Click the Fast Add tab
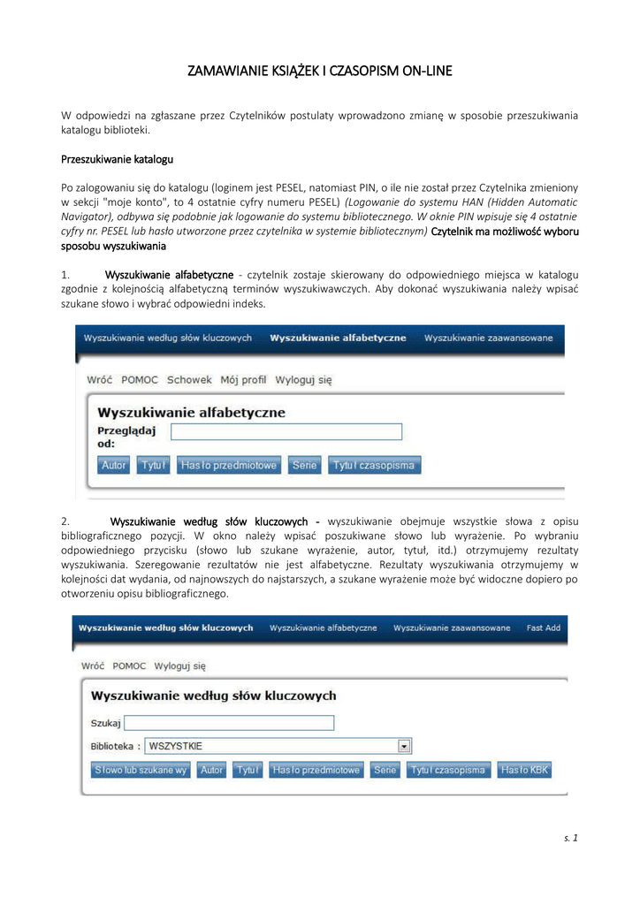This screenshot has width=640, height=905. pyautogui.click(x=543, y=628)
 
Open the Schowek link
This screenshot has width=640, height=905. pyautogui.click(x=189, y=380)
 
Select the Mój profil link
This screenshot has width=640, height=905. pyautogui.click(x=243, y=380)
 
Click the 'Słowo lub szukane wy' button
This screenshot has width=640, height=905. pyautogui.click(x=141, y=771)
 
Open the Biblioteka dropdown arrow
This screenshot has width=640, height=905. pyautogui.click(x=405, y=746)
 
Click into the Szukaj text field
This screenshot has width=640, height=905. pyautogui.click(x=230, y=723)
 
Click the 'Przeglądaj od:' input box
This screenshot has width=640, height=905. pyautogui.click(x=286, y=431)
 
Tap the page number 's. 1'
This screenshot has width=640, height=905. pyautogui.click(x=570, y=838)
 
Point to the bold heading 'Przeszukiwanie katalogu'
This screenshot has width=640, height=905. pyautogui.click(x=117, y=160)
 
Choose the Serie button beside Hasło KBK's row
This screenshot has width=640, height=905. pyautogui.click(x=385, y=771)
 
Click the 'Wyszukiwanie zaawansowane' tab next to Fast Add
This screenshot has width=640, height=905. pyautogui.click(x=452, y=628)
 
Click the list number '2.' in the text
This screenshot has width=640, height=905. pyautogui.click(x=65, y=521)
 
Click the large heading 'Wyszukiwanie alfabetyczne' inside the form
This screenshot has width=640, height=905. pyautogui.click(x=191, y=412)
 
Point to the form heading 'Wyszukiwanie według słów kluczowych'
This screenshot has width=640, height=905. pyautogui.click(x=214, y=696)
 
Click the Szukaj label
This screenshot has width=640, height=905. pyautogui.click(x=106, y=723)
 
